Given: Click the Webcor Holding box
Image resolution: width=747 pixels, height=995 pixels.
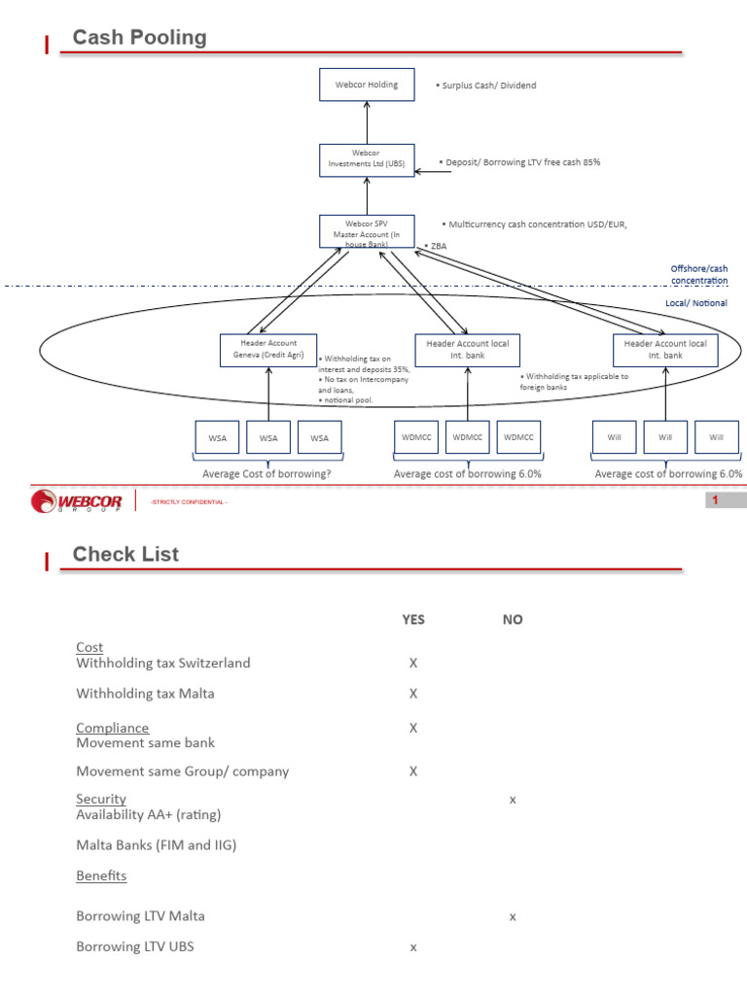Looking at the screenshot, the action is [367, 85].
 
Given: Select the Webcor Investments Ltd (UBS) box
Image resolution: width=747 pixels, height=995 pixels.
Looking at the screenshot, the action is [367, 160].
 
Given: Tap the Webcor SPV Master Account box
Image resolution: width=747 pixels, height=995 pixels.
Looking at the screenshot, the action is [367, 231].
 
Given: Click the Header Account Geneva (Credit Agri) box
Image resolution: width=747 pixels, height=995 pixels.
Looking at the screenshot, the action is [268, 350].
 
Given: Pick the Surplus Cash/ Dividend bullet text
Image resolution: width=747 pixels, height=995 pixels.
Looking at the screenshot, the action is [486, 86].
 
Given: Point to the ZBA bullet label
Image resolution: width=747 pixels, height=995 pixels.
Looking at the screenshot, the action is [436, 246].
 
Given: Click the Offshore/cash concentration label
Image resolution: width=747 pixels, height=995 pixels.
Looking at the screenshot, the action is [698, 274].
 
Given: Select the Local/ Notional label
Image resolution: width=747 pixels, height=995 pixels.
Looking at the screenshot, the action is [696, 303].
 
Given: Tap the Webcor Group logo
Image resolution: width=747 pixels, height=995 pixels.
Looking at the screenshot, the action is [76, 500].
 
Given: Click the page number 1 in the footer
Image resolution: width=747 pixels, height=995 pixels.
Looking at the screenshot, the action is [715, 500].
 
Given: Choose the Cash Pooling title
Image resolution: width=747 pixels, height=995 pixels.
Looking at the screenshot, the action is [140, 37].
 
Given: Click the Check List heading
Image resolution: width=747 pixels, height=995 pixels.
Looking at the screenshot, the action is [125, 554].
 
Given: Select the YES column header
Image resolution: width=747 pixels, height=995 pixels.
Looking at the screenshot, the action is [412, 619].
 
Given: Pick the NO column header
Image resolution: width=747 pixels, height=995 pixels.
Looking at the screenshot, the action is [513, 619].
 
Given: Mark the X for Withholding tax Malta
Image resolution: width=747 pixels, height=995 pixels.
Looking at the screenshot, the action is [412, 694].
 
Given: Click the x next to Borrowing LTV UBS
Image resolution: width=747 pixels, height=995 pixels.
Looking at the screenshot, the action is [412, 947].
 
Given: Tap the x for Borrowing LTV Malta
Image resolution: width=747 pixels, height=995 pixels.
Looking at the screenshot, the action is [513, 917].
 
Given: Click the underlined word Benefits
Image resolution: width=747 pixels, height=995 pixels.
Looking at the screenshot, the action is [101, 875].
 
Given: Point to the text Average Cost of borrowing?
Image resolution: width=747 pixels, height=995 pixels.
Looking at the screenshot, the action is [267, 473].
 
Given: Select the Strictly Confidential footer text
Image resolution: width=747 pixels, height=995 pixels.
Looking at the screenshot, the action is [189, 502].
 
